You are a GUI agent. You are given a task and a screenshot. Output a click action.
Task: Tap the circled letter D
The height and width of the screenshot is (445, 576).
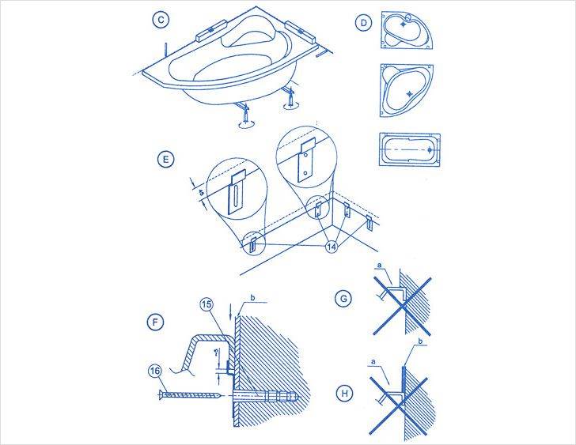(x=363, y=23)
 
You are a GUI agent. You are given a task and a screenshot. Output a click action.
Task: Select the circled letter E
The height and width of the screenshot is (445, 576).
(x=165, y=160)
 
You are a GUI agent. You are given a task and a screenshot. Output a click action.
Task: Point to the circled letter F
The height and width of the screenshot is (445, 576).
(x=157, y=322)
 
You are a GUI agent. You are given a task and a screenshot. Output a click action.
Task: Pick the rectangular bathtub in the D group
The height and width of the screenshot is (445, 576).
(x=408, y=148)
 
